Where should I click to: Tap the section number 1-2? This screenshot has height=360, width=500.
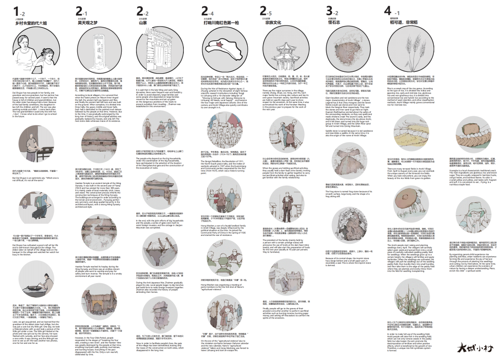click(19, 11)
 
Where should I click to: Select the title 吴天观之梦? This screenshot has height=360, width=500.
click(87, 22)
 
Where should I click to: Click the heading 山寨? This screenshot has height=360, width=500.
click(143, 22)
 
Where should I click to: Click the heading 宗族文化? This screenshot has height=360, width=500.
click(273, 22)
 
